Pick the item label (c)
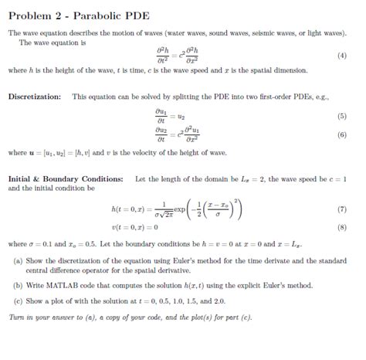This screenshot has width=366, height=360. tap(18, 300)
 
